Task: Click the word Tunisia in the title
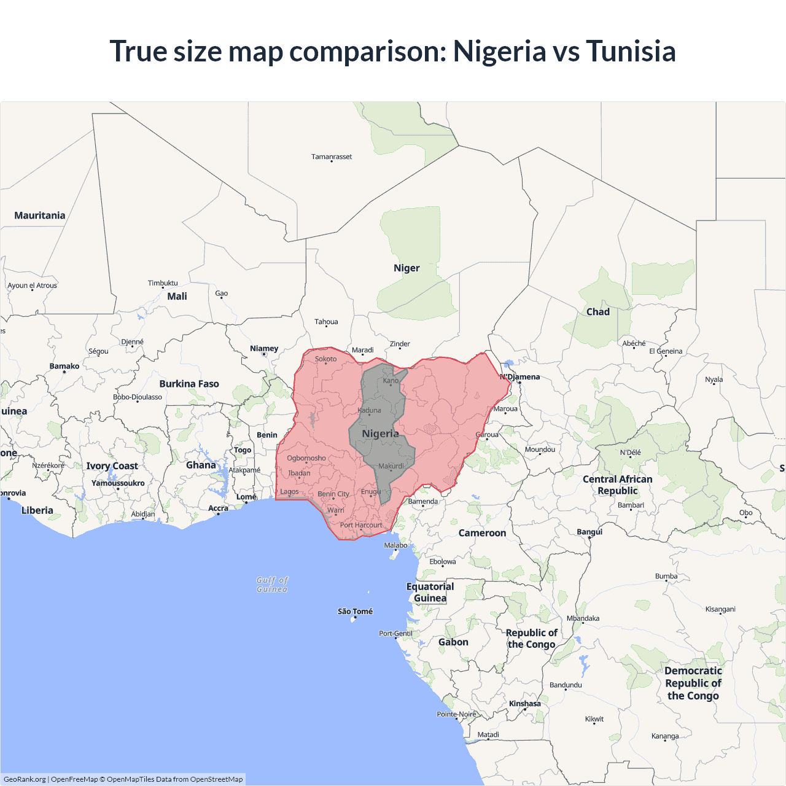coord(631,51)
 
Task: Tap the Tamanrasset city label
coord(332,157)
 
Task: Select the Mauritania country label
coord(40,216)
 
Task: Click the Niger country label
coord(407,268)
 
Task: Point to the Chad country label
coord(597,312)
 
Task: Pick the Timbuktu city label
coord(163,283)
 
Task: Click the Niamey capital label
coord(264,349)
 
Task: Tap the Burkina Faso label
coord(189,384)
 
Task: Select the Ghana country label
coord(201,465)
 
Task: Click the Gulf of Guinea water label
coord(272,585)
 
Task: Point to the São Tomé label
coord(355,612)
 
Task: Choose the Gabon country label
coord(453,642)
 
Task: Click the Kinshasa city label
coord(525,704)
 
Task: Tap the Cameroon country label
coord(482,533)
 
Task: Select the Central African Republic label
coord(618,485)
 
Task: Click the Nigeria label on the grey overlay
coord(380,434)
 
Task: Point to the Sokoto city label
coord(325,359)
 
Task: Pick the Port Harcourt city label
coord(361,525)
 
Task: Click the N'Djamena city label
coord(520,377)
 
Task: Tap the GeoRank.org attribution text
coord(25,779)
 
